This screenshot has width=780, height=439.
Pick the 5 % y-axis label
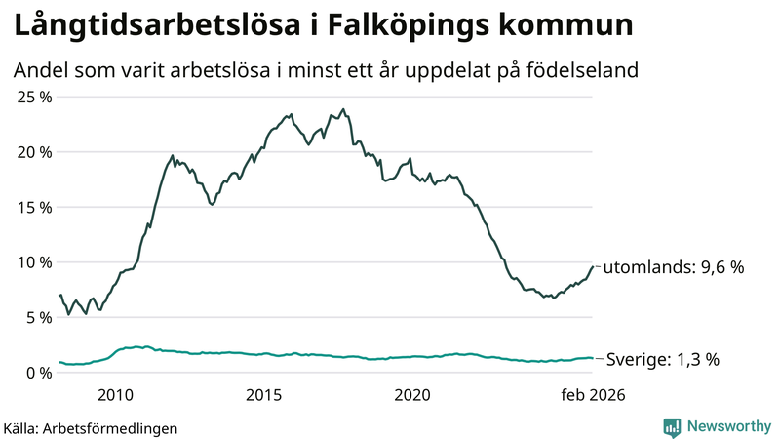pyautogui.click(x=38, y=317)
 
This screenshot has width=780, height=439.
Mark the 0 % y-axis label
pyautogui.click(x=38, y=373)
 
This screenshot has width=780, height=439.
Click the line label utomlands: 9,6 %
pyautogui.click(x=674, y=267)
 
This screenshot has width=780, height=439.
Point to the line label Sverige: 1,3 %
pyautogui.click(x=663, y=359)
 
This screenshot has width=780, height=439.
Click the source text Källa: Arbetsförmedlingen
pyautogui.click(x=92, y=427)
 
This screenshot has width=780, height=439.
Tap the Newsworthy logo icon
pyautogui.click(x=673, y=426)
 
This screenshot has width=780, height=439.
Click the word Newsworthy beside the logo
pyautogui.click(x=728, y=426)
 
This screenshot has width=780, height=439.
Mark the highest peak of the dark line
pyautogui.click(x=343, y=109)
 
